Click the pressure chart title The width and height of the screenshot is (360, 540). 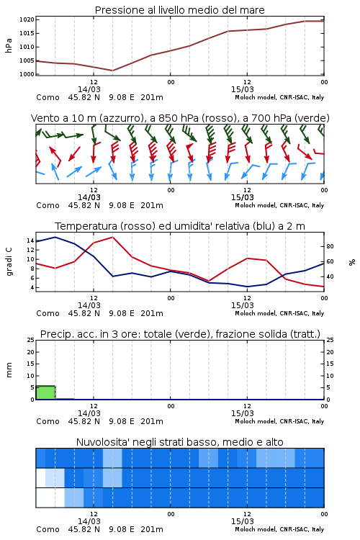pos(179,10)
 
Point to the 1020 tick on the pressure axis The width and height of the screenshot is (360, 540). pos(27,19)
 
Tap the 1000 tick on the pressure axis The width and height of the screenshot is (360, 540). pos(27,74)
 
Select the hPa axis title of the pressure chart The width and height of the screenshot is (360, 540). pos(9,45)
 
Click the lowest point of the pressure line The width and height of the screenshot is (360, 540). pos(112,71)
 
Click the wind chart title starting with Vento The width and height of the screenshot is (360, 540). pos(180,118)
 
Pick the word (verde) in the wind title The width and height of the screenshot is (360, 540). pos(313,118)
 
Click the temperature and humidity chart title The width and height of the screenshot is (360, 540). pos(180,226)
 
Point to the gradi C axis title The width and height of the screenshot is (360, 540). pos(9,262)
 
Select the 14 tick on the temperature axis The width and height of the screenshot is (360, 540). pos(30,240)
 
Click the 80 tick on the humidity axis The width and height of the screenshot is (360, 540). pos(330,246)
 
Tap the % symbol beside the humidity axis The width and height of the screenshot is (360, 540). pos(352,262)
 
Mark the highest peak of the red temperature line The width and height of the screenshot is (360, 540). pos(112,237)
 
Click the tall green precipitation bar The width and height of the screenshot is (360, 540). pos(45,392)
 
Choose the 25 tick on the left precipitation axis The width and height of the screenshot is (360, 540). pos(31,340)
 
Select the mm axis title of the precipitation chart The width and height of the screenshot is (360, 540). pos(9,370)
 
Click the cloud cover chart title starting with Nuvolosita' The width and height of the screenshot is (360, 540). pos(179,442)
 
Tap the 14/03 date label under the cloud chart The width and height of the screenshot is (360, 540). pos(89,521)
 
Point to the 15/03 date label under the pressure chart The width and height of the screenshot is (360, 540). pos(242,89)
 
